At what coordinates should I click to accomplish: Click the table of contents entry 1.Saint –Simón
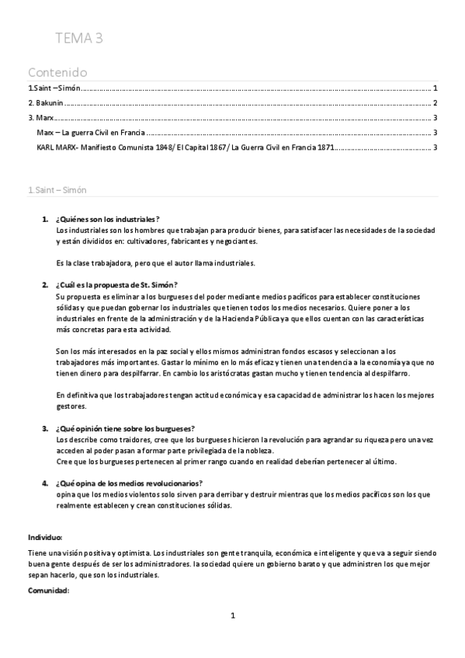click(54, 88)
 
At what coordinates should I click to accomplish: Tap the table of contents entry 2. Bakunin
click(46, 103)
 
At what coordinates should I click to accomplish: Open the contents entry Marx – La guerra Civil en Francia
click(91, 133)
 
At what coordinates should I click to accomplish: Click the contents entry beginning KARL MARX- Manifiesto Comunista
click(185, 147)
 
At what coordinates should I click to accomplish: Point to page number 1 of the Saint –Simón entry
click(436, 88)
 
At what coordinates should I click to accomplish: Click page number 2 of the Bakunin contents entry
click(436, 103)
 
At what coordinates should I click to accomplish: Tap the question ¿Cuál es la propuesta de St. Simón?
click(117, 285)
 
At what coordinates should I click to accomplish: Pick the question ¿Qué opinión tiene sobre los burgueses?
click(125, 428)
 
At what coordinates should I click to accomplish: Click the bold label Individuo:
click(45, 537)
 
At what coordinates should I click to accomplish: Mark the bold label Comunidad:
click(48, 591)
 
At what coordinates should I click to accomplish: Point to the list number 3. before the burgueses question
click(45, 428)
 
